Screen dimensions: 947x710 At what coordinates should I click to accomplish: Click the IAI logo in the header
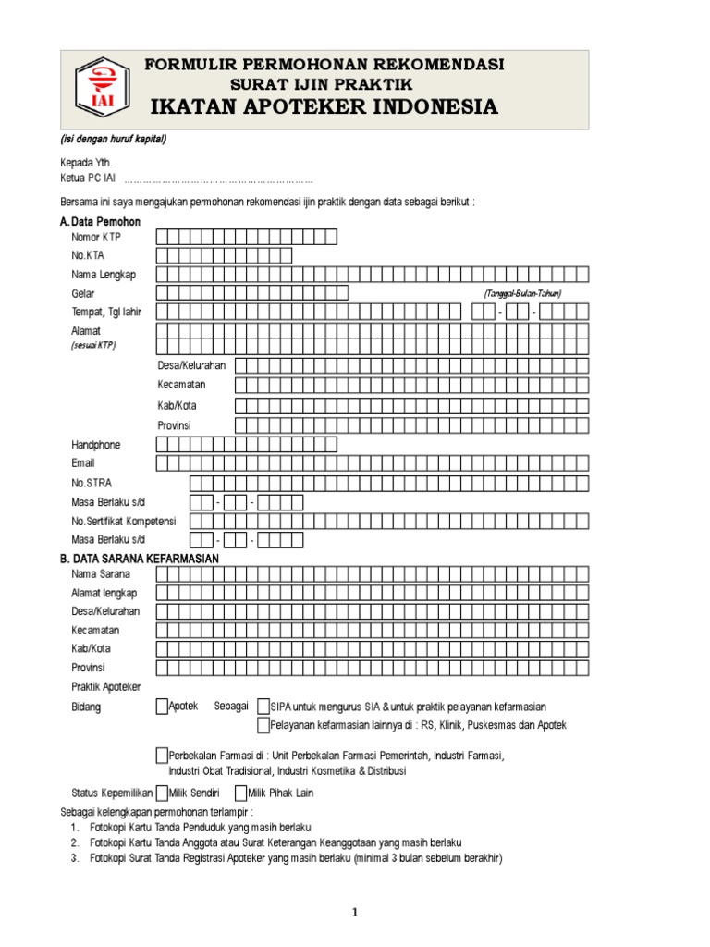97,90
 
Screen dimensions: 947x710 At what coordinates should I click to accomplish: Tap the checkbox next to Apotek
163,707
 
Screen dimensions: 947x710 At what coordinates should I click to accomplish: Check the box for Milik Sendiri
162,793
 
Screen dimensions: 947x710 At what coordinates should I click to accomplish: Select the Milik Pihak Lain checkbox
240,793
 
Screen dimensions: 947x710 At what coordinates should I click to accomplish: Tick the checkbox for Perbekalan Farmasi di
163,755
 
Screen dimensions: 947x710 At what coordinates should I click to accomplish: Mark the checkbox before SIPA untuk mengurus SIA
264,707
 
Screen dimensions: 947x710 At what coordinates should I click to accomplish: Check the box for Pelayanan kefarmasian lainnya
264,725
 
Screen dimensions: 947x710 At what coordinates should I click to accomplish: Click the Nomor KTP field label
96,238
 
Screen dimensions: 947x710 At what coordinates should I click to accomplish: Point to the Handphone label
96,445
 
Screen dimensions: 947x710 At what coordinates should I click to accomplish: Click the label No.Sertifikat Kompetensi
123,521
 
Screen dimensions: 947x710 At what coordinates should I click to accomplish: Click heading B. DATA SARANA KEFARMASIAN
139,559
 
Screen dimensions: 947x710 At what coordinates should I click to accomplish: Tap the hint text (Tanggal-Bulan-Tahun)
522,293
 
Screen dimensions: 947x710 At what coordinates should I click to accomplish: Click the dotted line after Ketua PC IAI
218,180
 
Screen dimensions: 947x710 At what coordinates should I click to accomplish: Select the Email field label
83,462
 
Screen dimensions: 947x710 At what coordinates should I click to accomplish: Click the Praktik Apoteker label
106,686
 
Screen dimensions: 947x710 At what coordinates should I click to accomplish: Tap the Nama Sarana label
101,574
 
